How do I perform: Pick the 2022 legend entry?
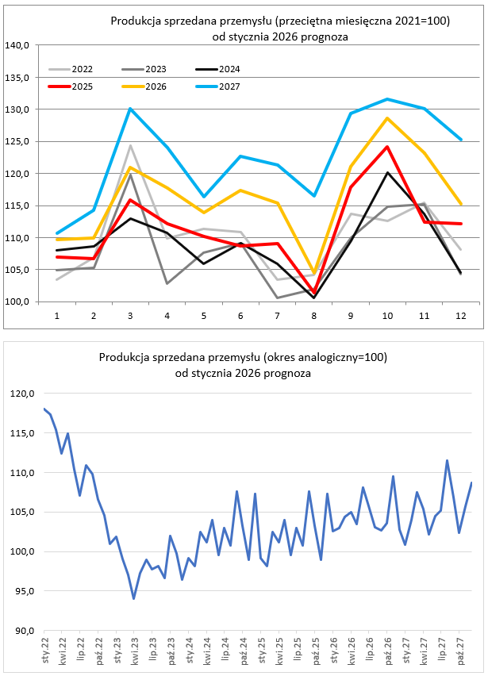click(81, 70)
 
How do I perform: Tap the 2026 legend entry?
click(156, 86)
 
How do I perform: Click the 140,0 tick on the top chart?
click(17, 45)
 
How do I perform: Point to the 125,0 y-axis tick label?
click(17, 141)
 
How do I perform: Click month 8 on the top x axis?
click(314, 316)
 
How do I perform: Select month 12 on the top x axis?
click(460, 316)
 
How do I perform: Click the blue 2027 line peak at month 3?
click(130, 109)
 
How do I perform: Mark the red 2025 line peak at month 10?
click(387, 146)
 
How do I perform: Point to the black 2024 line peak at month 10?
click(387, 172)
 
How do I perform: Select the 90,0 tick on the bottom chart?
click(21, 632)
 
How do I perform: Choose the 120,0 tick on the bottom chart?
click(21, 394)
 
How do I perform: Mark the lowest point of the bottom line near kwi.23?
click(133, 598)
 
